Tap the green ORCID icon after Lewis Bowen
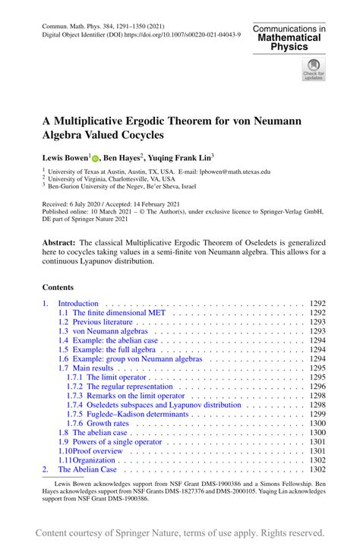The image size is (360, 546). tap(96, 158)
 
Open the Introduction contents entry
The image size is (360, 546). tap(78, 303)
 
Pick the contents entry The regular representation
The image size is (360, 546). tap(122, 387)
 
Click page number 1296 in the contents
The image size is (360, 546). tap(317, 387)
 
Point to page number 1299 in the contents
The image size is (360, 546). tap(317, 414)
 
